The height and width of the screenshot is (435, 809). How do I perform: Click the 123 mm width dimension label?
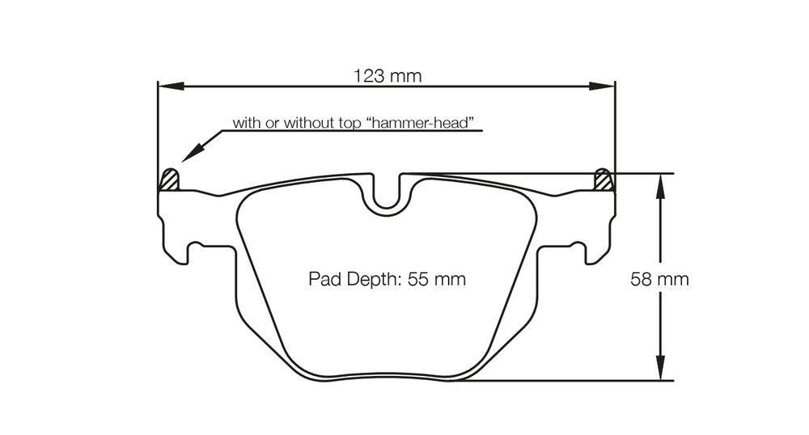[388, 76]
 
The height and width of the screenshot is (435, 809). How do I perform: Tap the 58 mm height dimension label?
[659, 279]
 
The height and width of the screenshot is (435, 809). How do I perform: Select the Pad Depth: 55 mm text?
[387, 279]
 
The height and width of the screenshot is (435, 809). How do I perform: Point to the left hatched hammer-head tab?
[170, 179]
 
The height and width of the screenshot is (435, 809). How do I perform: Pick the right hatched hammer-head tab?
[604, 179]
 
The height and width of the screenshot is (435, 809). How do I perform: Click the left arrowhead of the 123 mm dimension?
[171, 86]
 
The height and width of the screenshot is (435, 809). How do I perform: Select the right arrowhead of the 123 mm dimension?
[602, 86]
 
